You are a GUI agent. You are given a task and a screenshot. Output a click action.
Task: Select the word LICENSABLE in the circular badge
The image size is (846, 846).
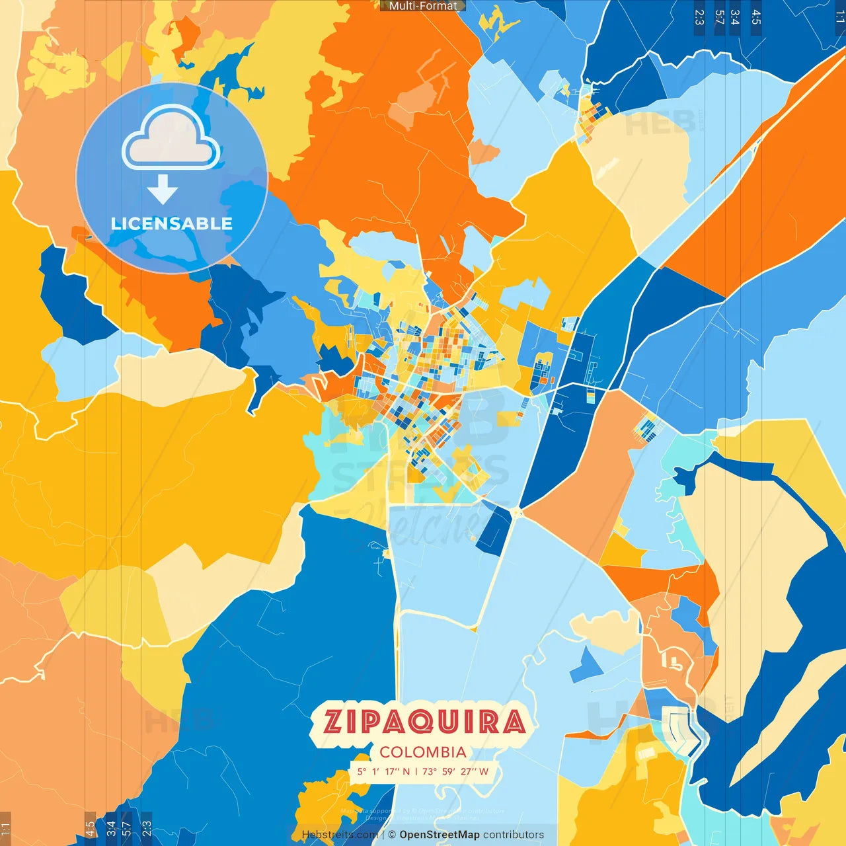[x=172, y=224]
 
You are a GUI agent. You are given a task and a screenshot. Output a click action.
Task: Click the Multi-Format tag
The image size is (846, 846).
[x=423, y=6]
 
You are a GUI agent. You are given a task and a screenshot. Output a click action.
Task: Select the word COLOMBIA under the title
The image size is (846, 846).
[x=423, y=752]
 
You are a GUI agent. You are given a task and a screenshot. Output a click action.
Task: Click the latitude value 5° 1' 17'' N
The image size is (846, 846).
[x=384, y=771]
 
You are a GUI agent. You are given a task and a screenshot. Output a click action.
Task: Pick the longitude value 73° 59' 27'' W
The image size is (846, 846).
[x=455, y=771]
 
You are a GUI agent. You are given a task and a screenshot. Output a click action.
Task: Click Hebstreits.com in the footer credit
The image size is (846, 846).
[x=340, y=835]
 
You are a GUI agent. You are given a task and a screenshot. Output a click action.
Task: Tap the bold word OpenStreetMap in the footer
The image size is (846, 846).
[x=440, y=835]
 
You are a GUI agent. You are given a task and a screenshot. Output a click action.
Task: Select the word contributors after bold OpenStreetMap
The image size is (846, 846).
[x=514, y=835]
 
